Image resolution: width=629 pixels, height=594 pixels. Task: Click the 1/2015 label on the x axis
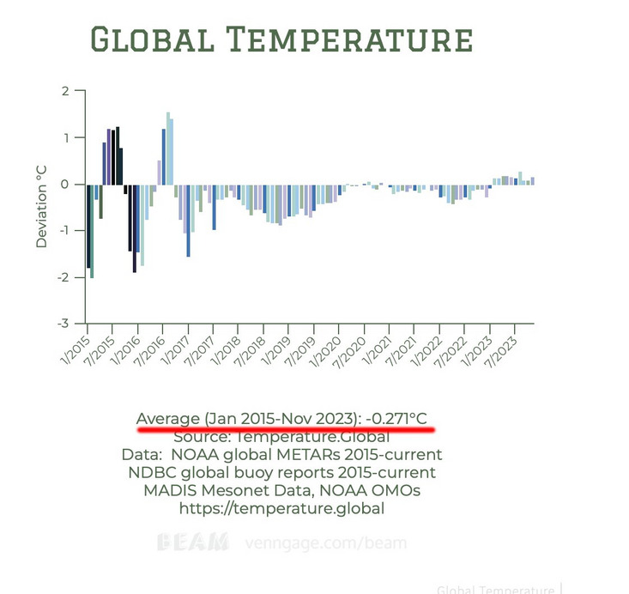(76, 337)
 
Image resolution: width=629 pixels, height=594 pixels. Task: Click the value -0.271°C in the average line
(396, 419)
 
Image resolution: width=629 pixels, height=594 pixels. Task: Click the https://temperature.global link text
(281, 508)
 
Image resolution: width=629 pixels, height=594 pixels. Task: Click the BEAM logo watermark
(193, 542)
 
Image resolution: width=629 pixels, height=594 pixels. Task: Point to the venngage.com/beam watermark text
(325, 542)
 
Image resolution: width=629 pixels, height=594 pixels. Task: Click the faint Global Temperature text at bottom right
(494, 589)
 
